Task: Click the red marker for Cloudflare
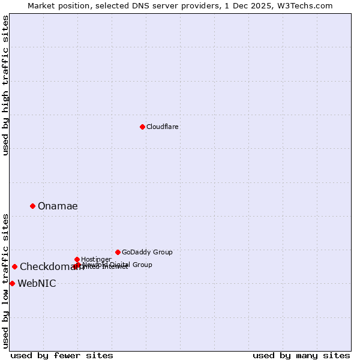tap(142, 127)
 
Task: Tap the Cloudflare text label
tap(163, 127)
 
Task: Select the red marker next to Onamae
tap(32, 206)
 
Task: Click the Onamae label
tap(58, 206)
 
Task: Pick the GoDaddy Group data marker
tap(118, 252)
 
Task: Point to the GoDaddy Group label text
tap(147, 252)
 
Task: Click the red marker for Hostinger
tap(77, 259)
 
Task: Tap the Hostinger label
tap(96, 259)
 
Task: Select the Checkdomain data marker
tap(14, 266)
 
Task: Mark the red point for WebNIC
tap(12, 283)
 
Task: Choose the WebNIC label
tap(37, 284)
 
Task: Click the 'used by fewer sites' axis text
tap(62, 355)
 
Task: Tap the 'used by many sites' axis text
tap(301, 355)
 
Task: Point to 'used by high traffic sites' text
tap(6, 85)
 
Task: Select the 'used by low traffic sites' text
tap(6, 281)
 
